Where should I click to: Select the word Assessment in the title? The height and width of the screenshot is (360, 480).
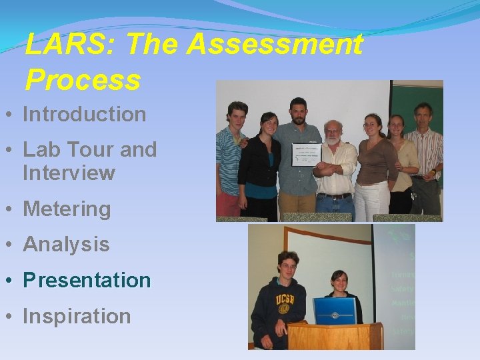pos(275,45)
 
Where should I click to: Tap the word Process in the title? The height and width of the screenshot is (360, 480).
pos(83,80)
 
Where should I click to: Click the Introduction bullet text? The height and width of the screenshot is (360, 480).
pos(85,114)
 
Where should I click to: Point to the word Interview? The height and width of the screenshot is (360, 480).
pos(69,173)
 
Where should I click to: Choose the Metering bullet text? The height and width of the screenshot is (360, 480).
pos(67,209)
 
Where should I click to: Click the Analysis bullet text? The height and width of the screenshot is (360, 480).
pos(66,244)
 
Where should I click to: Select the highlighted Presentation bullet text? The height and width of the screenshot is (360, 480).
pos(87,280)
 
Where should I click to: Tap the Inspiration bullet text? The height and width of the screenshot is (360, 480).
pos(77,315)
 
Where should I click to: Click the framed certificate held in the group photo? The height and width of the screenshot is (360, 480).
pos(307,155)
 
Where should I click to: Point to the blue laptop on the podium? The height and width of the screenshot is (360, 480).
pos(335,311)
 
